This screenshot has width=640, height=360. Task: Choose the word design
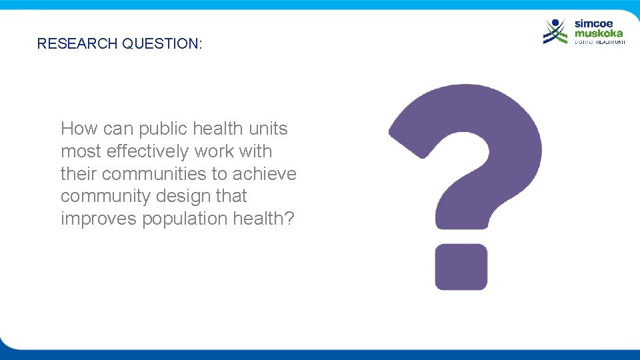pyautogui.click(x=190, y=196)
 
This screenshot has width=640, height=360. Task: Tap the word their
pyautogui.click(x=79, y=173)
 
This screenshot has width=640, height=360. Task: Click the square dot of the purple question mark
pyautogui.click(x=461, y=267)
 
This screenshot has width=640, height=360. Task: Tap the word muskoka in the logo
pyautogui.click(x=599, y=33)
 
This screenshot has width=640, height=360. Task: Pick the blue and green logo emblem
pyautogui.click(x=555, y=31)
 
